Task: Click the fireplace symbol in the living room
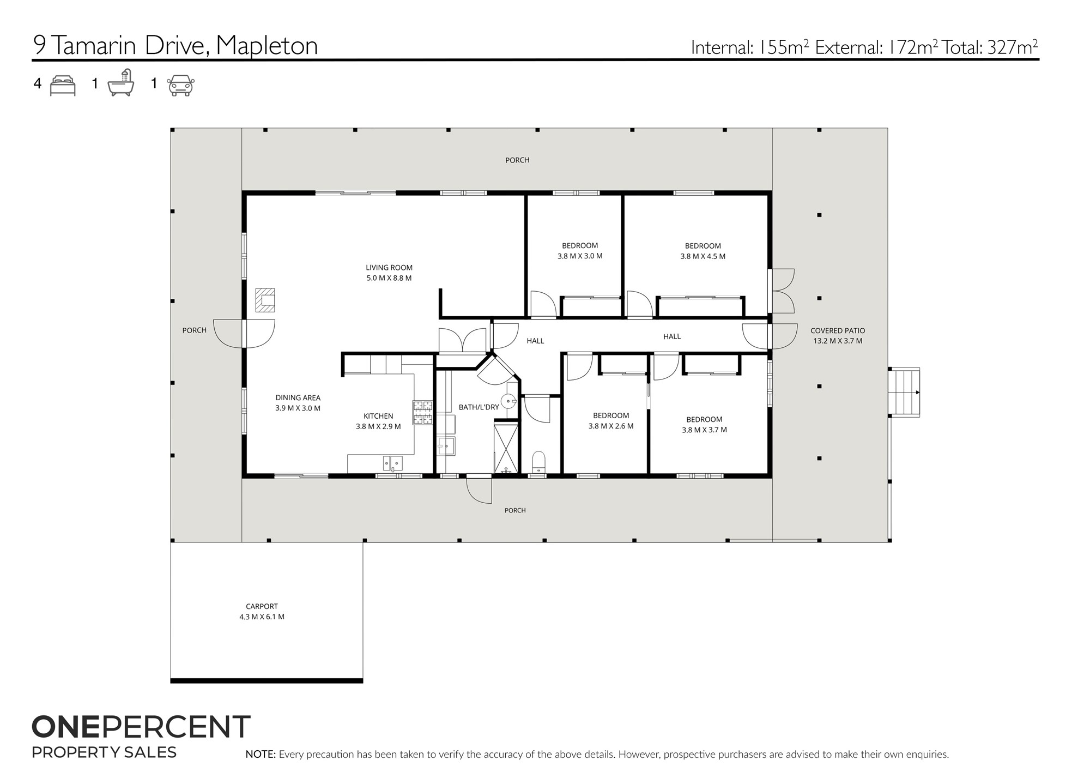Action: [x=265, y=300]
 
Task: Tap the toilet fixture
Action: [x=538, y=462]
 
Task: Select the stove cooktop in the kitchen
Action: [x=422, y=413]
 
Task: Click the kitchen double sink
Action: [x=392, y=463]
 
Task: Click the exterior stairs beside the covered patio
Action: [x=904, y=393]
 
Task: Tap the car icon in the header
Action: [x=180, y=86]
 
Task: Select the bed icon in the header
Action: [x=63, y=86]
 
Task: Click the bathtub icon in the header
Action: [x=120, y=83]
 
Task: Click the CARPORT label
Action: [x=262, y=606]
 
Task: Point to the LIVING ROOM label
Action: [x=389, y=268]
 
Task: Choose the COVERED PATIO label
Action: [x=838, y=330]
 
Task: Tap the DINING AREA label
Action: [x=298, y=398]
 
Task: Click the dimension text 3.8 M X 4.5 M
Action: [x=703, y=256]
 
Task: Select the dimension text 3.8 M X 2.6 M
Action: [x=611, y=426]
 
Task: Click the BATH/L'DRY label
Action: [x=479, y=407]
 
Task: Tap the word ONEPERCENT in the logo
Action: [x=141, y=727]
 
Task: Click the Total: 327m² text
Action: [x=990, y=47]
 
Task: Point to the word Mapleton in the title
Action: [x=267, y=46]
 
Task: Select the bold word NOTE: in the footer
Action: [x=261, y=755]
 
